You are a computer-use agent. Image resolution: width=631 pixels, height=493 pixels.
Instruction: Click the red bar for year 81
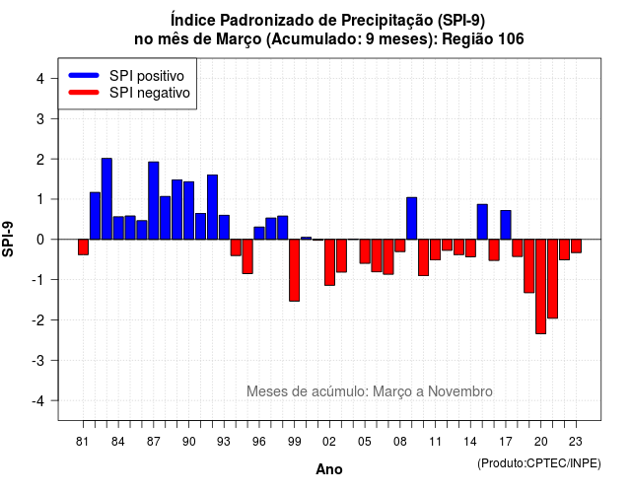[83, 247]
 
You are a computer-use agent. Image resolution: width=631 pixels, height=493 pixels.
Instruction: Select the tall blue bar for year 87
[154, 201]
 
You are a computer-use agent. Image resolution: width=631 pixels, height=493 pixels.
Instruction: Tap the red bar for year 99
[295, 270]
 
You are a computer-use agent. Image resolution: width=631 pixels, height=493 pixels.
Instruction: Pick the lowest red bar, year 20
[541, 287]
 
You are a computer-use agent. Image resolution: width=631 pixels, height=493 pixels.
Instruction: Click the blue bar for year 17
[506, 225]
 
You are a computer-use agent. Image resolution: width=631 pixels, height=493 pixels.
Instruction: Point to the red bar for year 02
[329, 262]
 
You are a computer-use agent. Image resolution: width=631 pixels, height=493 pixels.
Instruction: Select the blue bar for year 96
[259, 234]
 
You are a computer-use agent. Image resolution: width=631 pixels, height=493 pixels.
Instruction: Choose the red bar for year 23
[576, 246]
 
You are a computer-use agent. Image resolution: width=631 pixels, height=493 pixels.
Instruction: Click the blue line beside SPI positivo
[84, 75]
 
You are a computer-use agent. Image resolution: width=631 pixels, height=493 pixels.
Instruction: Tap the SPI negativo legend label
[150, 93]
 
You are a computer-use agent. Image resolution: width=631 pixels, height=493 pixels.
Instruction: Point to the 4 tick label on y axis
[40, 79]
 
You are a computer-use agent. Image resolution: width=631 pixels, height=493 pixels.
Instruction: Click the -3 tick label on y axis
[37, 360]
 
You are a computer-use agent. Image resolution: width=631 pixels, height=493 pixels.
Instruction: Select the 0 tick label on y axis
[40, 240]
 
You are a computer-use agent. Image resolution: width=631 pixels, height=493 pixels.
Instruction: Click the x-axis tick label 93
[224, 442]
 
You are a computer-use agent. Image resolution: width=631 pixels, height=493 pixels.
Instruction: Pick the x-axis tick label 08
[399, 442]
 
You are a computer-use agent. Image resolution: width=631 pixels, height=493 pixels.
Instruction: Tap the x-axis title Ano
[329, 469]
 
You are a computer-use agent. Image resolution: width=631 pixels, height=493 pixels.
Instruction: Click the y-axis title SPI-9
[8, 239]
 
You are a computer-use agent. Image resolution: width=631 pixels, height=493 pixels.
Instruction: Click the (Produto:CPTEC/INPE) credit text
[539, 463]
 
